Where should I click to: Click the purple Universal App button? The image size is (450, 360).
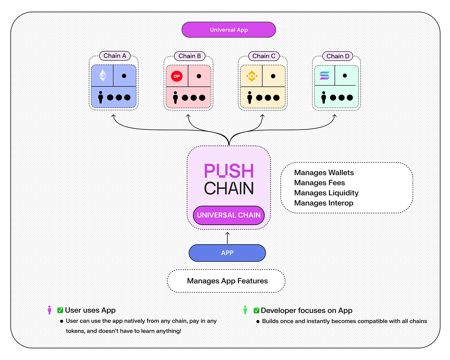pos(229,30)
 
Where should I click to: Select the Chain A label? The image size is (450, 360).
pos(115,56)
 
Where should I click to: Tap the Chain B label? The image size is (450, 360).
pos(190,56)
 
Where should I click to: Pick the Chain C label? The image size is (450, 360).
pos(264,56)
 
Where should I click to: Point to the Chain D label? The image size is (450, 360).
pos(338,56)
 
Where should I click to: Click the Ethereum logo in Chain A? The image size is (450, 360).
pos(103,76)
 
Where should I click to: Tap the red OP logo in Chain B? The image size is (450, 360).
pos(177,76)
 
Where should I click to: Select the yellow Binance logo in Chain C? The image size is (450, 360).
pos(251,76)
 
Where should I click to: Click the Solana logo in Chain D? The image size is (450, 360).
pos(324,76)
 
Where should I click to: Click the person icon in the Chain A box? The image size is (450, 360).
pos(100,97)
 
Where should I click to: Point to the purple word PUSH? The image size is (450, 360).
pos(229,171)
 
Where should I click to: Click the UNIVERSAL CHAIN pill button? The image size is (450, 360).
pos(229,215)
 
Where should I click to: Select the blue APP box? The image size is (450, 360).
pos(227,253)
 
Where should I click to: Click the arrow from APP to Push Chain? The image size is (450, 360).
pos(227,238)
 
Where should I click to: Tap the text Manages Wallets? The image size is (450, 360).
pos(324,173)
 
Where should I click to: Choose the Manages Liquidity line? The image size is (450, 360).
pos(326,193)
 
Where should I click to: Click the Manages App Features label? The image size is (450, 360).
pos(227,281)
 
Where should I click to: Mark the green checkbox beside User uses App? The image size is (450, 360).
pos(60,310)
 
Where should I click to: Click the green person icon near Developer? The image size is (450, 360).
pos(245,310)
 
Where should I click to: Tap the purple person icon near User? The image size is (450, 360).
pos(49,310)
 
